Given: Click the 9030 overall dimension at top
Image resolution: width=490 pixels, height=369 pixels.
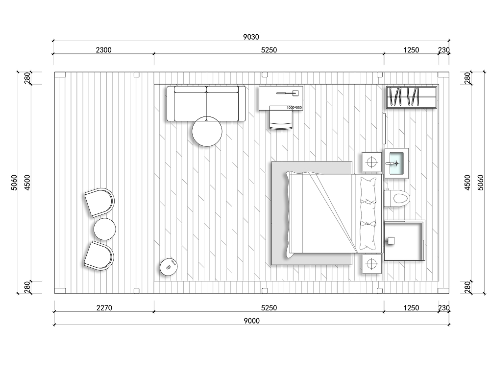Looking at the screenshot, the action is [251, 37].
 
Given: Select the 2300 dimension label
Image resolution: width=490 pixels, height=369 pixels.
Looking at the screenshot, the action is [103, 50].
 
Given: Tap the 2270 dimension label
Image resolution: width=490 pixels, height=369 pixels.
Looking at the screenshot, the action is [104, 308].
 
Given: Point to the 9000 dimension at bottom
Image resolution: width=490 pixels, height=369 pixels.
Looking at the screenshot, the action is [251, 321].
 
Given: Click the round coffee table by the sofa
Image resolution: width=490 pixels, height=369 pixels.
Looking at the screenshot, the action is [207, 132].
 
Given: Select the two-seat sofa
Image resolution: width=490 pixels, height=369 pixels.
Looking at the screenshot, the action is [206, 103].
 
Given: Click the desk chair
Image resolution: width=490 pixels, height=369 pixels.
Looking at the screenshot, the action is [281, 117].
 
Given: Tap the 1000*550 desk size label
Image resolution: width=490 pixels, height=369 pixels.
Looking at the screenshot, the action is [294, 108].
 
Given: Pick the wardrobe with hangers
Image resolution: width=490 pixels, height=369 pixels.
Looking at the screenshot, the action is [411, 97].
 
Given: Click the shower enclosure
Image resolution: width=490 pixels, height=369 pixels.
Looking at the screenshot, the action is [405, 240].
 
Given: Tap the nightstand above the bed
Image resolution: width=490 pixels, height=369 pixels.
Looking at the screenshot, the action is [371, 162].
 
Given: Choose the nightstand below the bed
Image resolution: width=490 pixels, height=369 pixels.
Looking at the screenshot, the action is [371, 264].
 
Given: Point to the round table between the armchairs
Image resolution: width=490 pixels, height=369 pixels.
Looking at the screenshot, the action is [105, 229].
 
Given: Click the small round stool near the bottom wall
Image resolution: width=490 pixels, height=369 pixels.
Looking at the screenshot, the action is [169, 267].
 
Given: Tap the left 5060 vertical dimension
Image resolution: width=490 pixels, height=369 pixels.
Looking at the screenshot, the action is [14, 183].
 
